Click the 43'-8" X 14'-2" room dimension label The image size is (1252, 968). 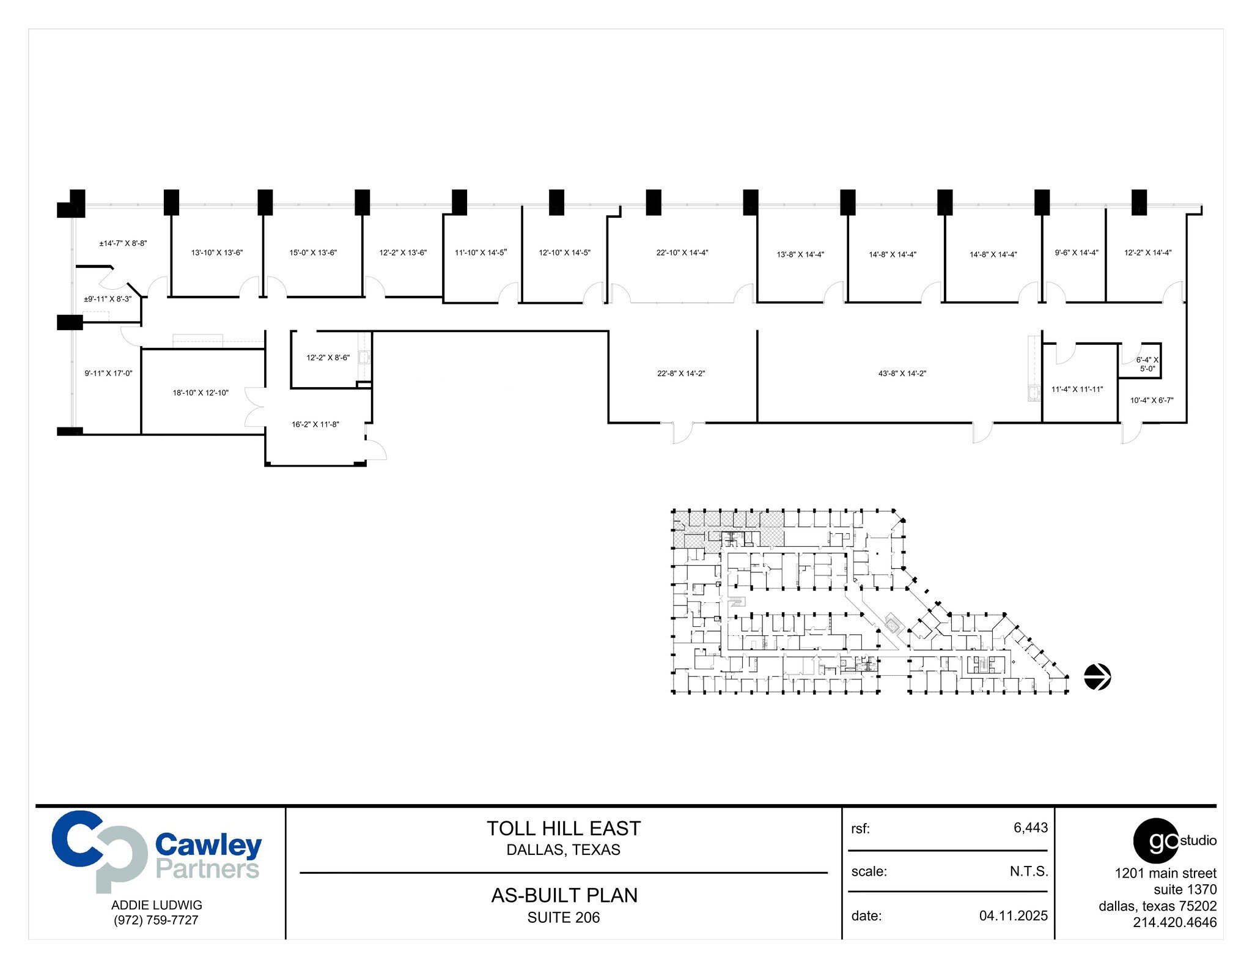click(902, 374)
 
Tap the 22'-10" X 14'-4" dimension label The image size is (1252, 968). click(682, 253)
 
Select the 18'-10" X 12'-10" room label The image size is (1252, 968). click(201, 393)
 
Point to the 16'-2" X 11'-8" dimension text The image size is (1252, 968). click(315, 424)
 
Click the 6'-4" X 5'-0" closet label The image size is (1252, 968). click(1147, 364)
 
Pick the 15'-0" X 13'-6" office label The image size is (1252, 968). click(313, 253)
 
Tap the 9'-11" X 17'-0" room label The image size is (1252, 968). click(108, 373)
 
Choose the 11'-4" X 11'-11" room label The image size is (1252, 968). click(1077, 389)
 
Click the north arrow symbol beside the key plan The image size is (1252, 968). click(1097, 677)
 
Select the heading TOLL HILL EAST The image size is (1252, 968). click(563, 829)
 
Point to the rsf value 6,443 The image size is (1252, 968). click(1030, 827)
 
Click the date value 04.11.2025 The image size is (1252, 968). click(1013, 915)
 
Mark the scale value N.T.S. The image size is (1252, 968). click(1029, 871)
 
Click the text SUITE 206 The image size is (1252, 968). click(563, 917)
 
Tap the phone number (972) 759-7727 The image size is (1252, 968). click(156, 920)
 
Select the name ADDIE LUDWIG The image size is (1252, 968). click(156, 905)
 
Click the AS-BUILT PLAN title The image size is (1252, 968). click(564, 895)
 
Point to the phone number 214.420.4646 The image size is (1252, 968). click(1174, 922)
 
